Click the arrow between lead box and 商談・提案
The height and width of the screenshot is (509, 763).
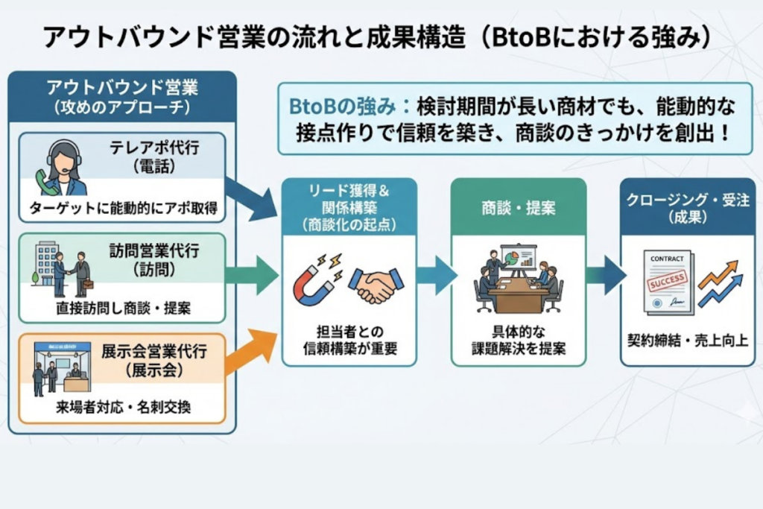[x=436, y=274]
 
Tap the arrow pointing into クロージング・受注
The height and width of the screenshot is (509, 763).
[x=605, y=274]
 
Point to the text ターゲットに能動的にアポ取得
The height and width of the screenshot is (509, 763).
[x=123, y=209]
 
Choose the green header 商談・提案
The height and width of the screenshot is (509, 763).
[x=518, y=207]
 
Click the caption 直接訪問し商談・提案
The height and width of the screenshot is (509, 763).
[x=123, y=309]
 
